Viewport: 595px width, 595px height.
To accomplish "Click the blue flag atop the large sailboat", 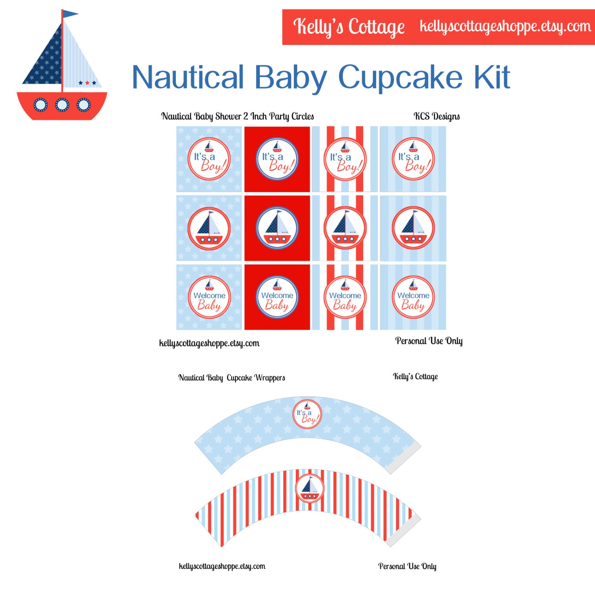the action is click(70, 14).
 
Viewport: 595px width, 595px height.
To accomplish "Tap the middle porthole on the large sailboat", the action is click(62, 105).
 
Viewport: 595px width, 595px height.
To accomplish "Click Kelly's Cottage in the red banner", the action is click(349, 27).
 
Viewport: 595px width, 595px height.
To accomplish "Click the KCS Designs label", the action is click(437, 116).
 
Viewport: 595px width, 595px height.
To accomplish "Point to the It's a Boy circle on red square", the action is click(277, 159).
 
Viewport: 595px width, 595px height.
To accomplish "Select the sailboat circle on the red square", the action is click(277, 228).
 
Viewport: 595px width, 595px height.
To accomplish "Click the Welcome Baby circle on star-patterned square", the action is click(209, 297).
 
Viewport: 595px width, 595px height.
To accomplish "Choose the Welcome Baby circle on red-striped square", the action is click(345, 297).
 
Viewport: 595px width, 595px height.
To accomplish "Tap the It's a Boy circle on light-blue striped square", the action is click(413, 159).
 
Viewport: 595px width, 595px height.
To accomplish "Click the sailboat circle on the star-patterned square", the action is click(209, 228).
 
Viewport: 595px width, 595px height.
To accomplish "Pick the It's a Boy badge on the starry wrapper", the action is click(307, 414).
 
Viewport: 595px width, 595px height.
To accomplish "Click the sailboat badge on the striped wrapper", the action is click(310, 488).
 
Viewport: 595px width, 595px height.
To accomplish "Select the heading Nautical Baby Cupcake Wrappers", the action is click(232, 378).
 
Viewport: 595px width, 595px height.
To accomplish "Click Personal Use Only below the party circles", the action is click(429, 341).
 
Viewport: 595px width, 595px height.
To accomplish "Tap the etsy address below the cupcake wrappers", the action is click(222, 566).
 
